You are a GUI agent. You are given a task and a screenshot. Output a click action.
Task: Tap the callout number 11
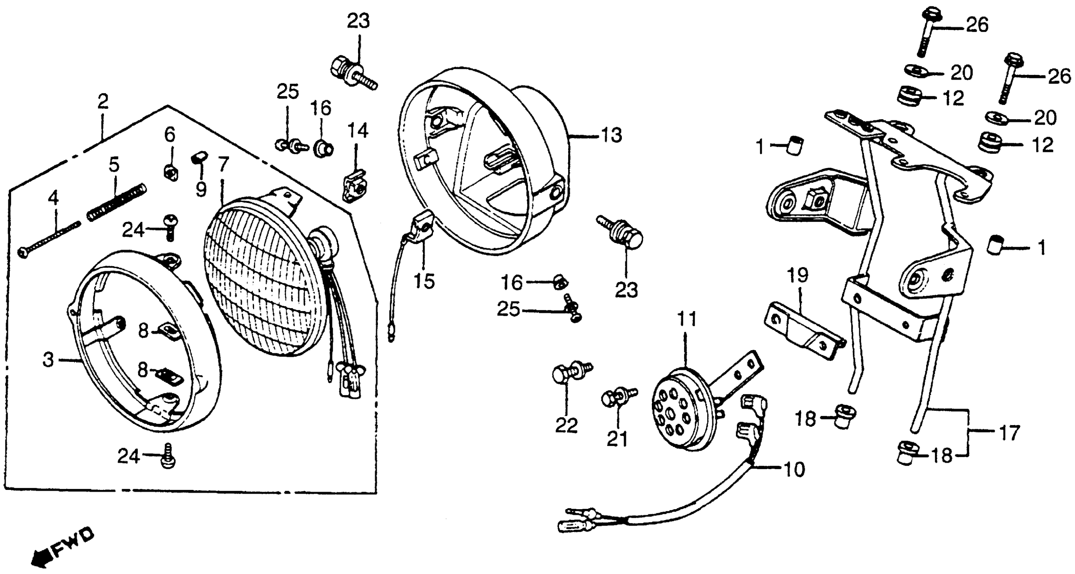point(687,320)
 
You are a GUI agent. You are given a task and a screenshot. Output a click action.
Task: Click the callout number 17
point(1010,433)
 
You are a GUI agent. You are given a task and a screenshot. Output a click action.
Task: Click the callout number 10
point(795,470)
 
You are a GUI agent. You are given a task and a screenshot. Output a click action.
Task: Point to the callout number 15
point(424,281)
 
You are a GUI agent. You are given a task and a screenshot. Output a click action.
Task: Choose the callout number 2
point(103,101)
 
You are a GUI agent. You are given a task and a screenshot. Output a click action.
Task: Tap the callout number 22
point(566,426)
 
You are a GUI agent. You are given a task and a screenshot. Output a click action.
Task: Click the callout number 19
point(798,275)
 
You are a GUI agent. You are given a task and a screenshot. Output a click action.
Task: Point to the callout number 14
point(358,131)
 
